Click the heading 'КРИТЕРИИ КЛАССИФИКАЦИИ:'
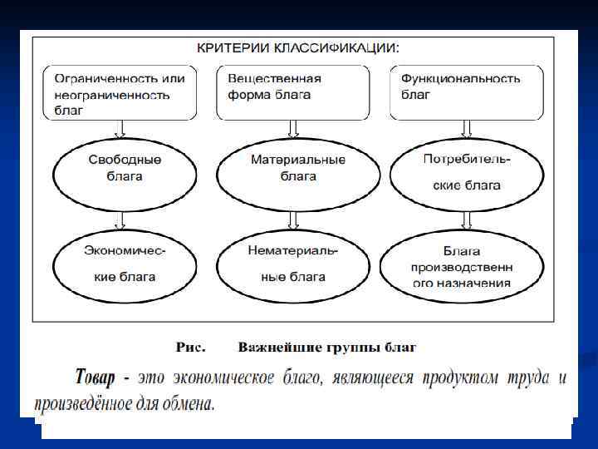(297, 48)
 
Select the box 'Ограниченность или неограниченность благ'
(119, 93)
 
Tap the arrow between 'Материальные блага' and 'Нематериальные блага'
(293, 221)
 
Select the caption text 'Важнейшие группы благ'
(326, 346)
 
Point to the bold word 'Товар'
(93, 378)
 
